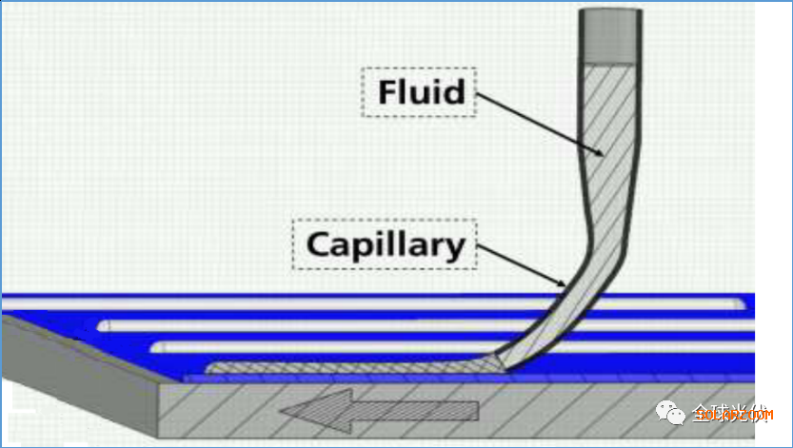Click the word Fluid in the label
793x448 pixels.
(421, 92)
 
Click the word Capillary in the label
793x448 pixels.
(386, 245)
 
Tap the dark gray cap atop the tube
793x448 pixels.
(610, 33)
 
